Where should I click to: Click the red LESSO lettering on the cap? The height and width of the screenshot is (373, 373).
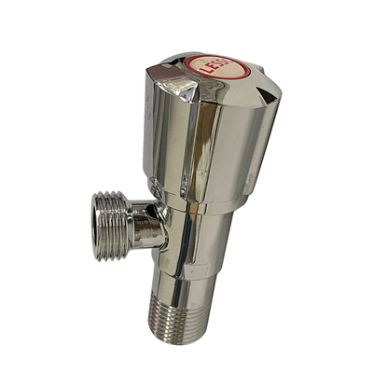tap(218, 64)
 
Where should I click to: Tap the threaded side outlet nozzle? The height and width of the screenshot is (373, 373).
tap(113, 227)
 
